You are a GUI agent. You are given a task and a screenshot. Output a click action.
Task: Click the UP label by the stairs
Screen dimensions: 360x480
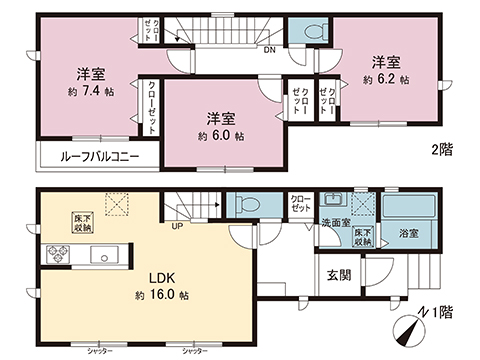[177, 225]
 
